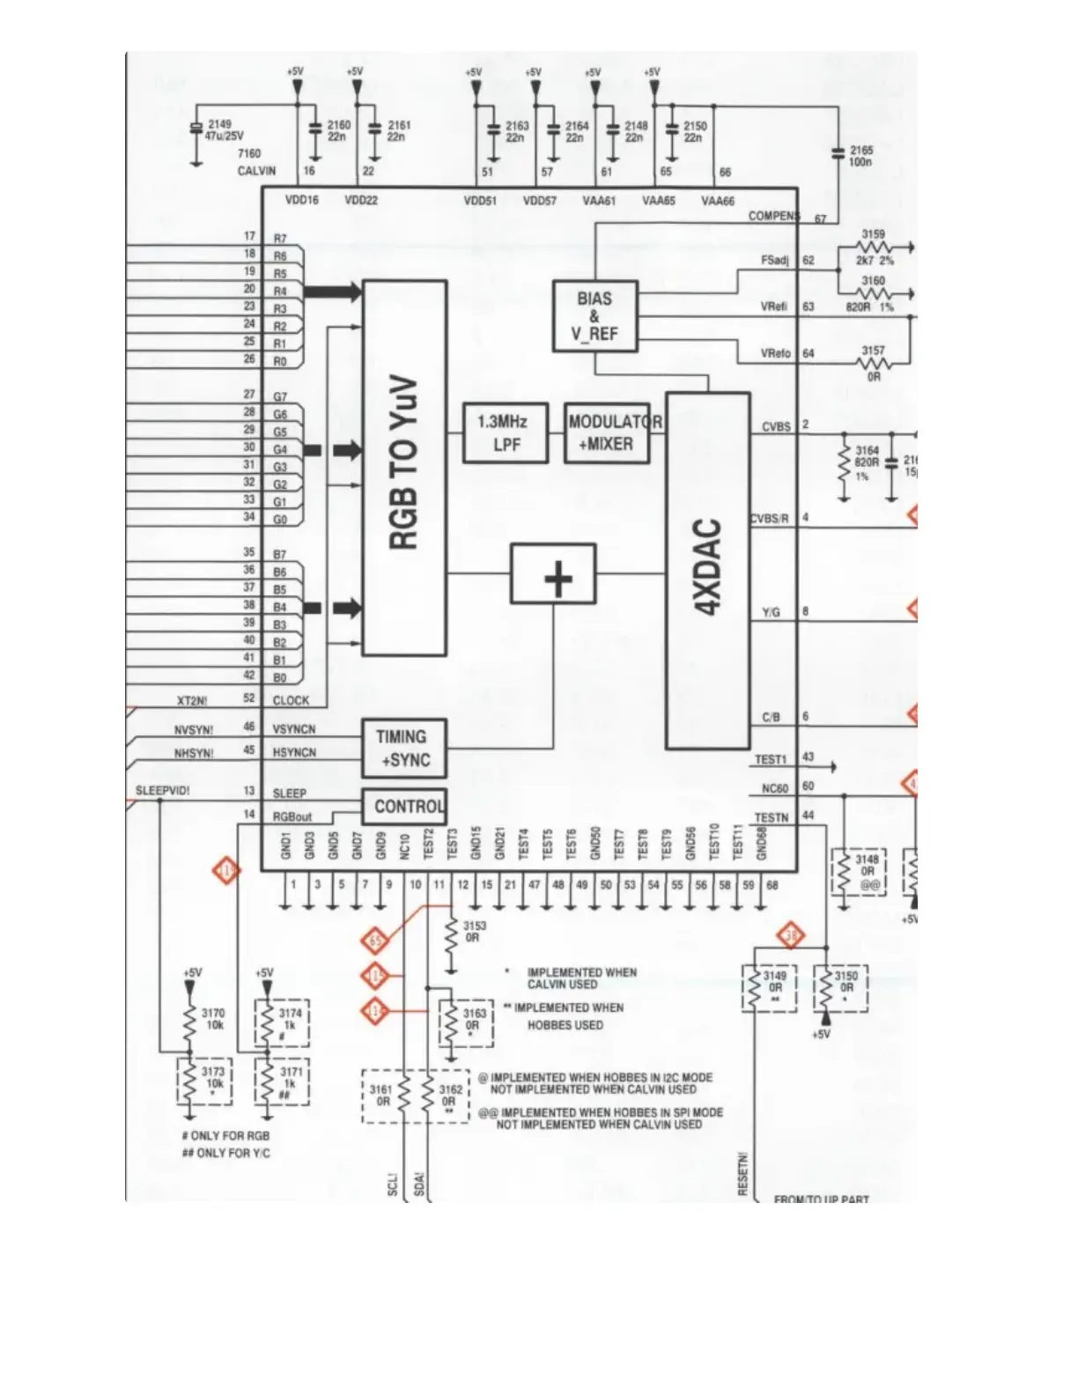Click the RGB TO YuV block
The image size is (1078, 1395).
tap(404, 467)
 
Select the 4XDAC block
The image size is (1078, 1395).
tap(708, 570)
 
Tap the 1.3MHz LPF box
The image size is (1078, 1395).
tap(506, 432)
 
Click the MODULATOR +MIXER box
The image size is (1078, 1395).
tap(607, 432)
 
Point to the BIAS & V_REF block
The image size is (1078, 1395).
tap(594, 316)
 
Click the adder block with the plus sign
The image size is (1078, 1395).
tap(554, 573)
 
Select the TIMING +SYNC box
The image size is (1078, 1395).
tap(404, 749)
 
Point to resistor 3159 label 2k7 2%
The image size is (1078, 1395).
tap(874, 261)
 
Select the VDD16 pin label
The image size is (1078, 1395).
tap(302, 200)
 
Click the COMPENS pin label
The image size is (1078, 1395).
tap(773, 216)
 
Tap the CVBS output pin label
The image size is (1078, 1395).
tap(776, 427)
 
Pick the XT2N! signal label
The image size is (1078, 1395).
tap(192, 701)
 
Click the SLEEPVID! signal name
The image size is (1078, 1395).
tap(162, 791)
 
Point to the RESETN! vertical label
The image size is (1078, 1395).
tap(743, 1175)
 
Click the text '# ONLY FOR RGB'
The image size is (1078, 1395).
tap(225, 1136)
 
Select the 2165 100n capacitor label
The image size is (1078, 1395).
tap(860, 156)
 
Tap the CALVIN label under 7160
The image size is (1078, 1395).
tap(256, 171)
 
